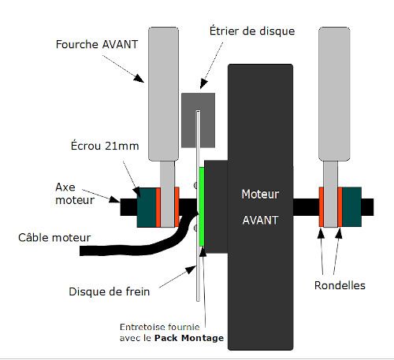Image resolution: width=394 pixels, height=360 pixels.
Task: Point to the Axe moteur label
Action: [71, 194]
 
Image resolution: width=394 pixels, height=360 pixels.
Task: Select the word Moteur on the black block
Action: [260, 193]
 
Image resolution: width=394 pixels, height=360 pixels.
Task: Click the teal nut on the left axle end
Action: [147, 206]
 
